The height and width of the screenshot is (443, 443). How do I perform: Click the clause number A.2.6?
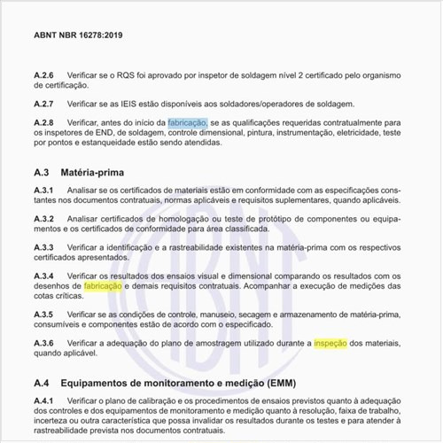pos(43,76)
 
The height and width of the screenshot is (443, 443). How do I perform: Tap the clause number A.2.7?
pos(43,104)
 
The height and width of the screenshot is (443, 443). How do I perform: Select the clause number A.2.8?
pos(43,122)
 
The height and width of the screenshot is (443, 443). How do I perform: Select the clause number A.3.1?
pos(43,191)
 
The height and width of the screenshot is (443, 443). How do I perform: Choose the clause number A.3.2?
pos(43,218)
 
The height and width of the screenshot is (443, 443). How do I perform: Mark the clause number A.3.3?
pos(43,245)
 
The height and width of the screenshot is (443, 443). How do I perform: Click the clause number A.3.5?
pos(43,315)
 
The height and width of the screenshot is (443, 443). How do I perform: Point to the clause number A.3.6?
pos(43,341)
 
